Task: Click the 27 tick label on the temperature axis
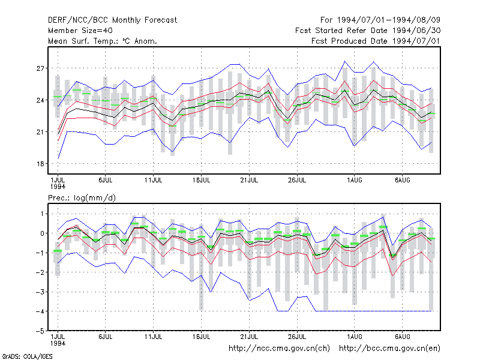coord(40,68)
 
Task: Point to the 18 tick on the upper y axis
coord(40,164)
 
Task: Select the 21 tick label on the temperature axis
coord(40,132)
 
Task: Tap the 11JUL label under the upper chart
coord(154,181)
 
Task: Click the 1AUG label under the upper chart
coord(355,181)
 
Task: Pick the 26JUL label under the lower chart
coord(297,337)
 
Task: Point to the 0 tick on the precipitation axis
coord(42,233)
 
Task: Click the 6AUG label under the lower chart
coord(402,337)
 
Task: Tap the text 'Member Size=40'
coord(80,31)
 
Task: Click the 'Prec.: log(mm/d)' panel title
coord(82,198)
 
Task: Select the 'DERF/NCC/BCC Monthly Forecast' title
coord(112,20)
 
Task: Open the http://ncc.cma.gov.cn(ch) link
coord(279,349)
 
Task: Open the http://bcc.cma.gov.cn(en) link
coord(389,349)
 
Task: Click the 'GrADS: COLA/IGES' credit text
coord(27,356)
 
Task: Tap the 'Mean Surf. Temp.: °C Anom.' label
coord(103,41)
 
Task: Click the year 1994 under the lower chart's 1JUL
coord(58,343)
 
